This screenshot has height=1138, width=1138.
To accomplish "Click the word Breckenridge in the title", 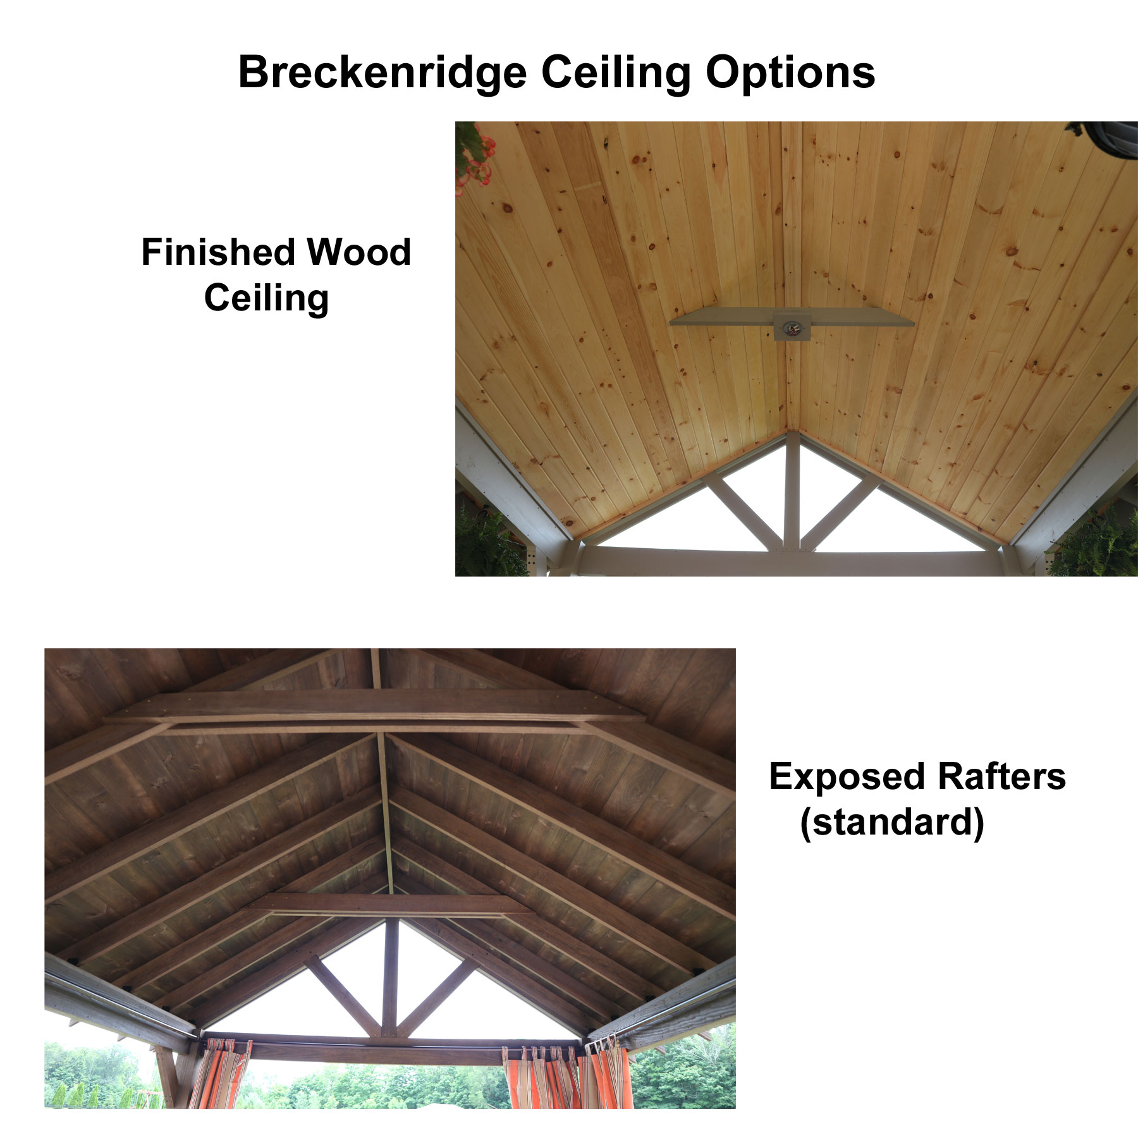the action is pyautogui.click(x=382, y=73).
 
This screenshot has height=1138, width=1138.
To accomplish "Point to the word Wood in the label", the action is pyautogui.click(x=358, y=252).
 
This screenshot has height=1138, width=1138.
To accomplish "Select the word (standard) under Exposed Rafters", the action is pyautogui.click(x=892, y=823).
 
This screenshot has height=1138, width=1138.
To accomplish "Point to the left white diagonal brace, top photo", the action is pyautogui.click(x=743, y=510).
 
